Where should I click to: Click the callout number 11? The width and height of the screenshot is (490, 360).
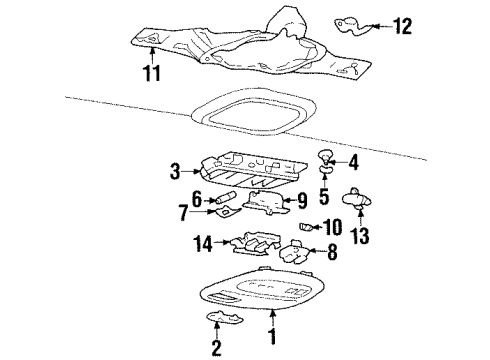152,73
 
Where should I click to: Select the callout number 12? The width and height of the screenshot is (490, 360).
403,26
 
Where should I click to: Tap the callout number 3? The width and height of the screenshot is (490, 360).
175,171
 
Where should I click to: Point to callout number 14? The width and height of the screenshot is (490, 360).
203,243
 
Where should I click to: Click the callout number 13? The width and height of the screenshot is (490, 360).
360,236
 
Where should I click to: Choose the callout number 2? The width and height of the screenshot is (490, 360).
217,348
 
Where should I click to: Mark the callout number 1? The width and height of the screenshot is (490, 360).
273,336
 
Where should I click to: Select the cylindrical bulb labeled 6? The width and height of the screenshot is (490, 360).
227,198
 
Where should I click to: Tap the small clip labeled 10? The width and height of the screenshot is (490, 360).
305,227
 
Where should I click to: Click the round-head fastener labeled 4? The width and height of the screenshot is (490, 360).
324,156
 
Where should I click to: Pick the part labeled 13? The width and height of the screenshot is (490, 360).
357,199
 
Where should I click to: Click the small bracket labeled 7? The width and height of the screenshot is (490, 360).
228,212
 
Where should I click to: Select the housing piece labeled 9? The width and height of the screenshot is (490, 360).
267,203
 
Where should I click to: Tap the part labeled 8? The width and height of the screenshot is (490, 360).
293,252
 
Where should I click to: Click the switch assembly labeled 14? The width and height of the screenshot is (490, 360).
255,244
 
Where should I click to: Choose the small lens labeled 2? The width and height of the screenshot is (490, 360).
225,317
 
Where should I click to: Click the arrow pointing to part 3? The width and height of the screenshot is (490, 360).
192,171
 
